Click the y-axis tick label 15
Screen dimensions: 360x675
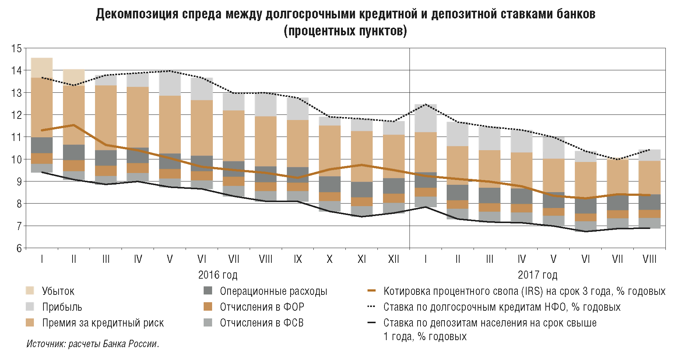click(x=17, y=48)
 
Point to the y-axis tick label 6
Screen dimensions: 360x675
click(x=19, y=248)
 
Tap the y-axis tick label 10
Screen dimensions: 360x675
click(x=17, y=159)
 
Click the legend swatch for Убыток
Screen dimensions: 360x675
click(x=30, y=291)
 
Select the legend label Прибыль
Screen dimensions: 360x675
click(x=62, y=307)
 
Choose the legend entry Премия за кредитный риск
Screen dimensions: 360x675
click(x=103, y=323)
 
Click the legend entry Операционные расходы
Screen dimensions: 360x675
click(x=273, y=291)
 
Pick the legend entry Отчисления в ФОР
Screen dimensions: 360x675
click(x=262, y=307)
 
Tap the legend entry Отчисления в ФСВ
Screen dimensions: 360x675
click(x=261, y=323)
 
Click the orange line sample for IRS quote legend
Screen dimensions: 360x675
click(x=372, y=291)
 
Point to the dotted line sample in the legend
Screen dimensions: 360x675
click(x=372, y=307)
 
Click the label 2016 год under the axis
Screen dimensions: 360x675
click(x=218, y=275)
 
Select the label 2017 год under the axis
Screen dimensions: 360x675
click(x=538, y=275)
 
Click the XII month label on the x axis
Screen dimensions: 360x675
click(x=394, y=260)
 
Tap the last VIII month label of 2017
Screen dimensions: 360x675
click(x=649, y=260)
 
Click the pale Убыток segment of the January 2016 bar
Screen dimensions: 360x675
click(x=42, y=68)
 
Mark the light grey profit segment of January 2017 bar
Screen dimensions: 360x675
click(x=426, y=118)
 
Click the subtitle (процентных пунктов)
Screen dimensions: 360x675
click(x=345, y=31)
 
